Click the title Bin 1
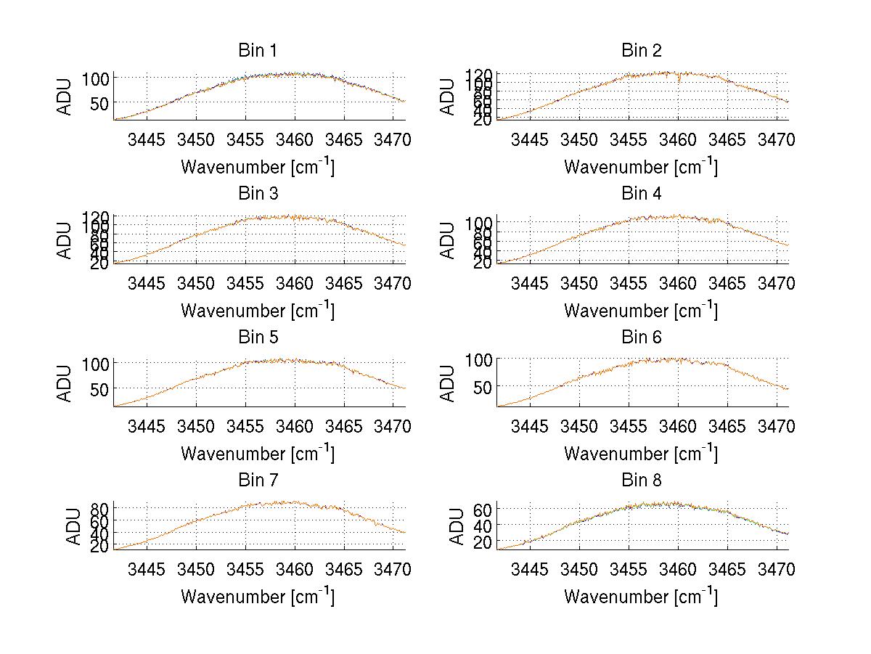[x=258, y=51]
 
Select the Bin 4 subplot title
[x=641, y=194]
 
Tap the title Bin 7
[x=258, y=481]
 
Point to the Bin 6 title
[x=641, y=338]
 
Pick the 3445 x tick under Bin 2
[x=530, y=139]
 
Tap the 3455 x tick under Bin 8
[x=629, y=569]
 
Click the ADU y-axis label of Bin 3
[x=65, y=240]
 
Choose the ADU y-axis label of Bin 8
[x=458, y=526]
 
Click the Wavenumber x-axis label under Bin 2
[x=641, y=167]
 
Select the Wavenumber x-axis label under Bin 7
[x=258, y=597]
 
